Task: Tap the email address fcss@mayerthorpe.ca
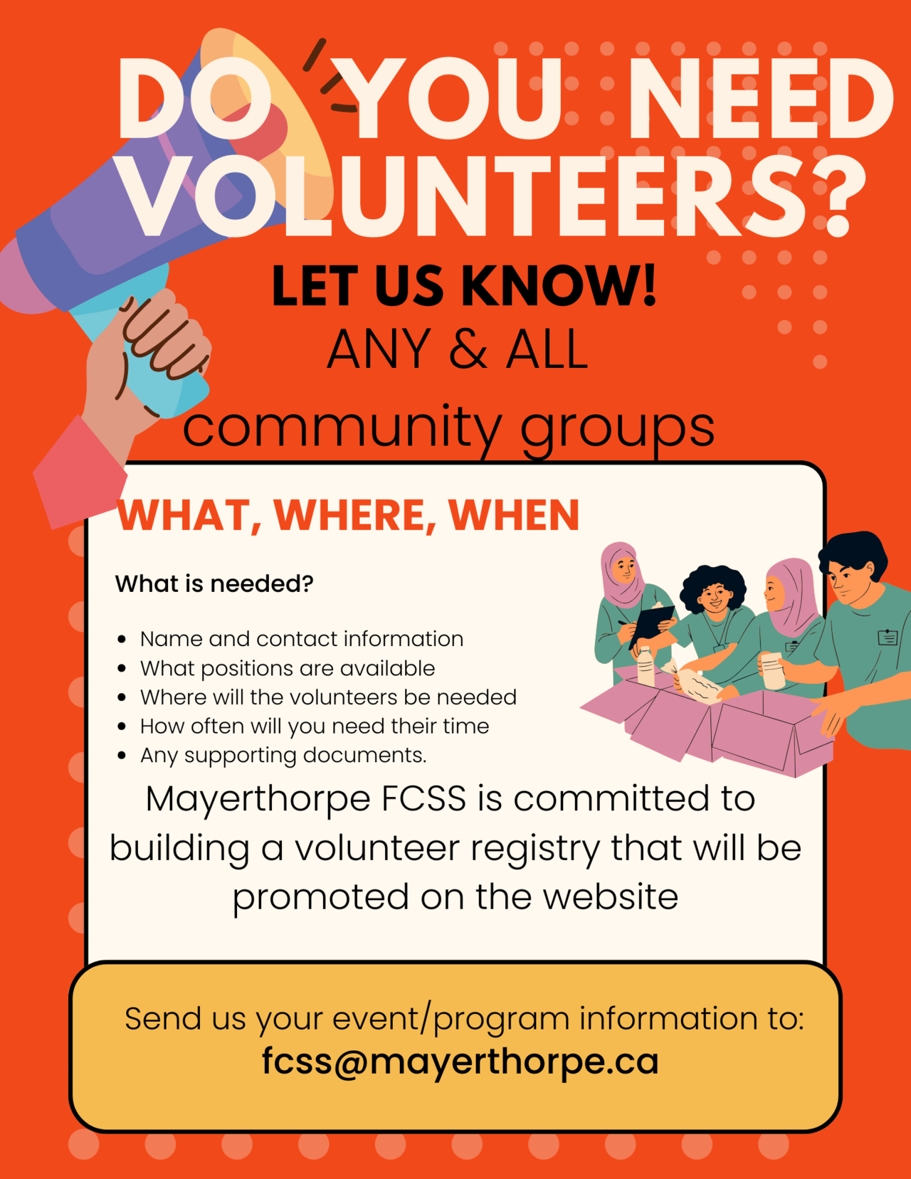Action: click(x=460, y=1062)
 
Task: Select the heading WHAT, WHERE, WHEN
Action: click(x=348, y=515)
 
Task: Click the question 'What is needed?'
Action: click(x=214, y=583)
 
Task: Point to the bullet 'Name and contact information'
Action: click(x=302, y=639)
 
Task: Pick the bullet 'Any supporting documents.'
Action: click(x=283, y=755)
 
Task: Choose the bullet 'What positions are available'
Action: click(x=288, y=668)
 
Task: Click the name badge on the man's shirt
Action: click(x=887, y=638)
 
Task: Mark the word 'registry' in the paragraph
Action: click(x=535, y=849)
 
